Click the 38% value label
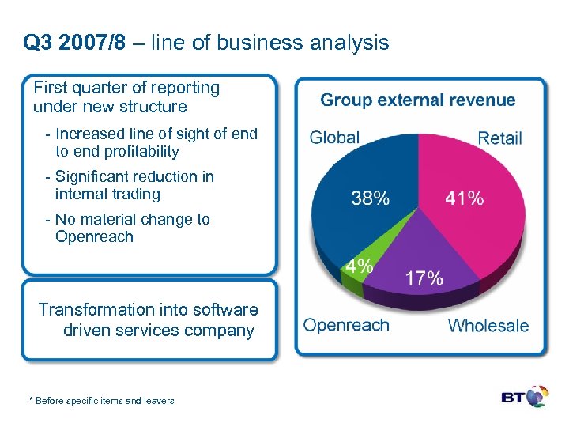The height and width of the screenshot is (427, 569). pyautogui.click(x=370, y=198)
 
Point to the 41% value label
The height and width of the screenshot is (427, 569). pyautogui.click(x=464, y=198)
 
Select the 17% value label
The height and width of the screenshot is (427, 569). pyautogui.click(x=424, y=278)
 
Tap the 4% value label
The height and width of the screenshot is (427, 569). pyautogui.click(x=358, y=266)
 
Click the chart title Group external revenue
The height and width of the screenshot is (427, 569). pyautogui.click(x=417, y=100)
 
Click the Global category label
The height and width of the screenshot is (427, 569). pyautogui.click(x=334, y=138)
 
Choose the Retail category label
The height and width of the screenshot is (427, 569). pyautogui.click(x=499, y=138)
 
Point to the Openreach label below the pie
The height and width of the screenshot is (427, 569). pyautogui.click(x=346, y=325)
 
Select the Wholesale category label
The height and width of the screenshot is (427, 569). pyautogui.click(x=488, y=325)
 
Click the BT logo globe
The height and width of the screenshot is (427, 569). pyautogui.click(x=537, y=396)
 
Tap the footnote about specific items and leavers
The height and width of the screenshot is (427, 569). pyautogui.click(x=101, y=401)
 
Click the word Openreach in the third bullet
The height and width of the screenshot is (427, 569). pyautogui.click(x=94, y=236)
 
